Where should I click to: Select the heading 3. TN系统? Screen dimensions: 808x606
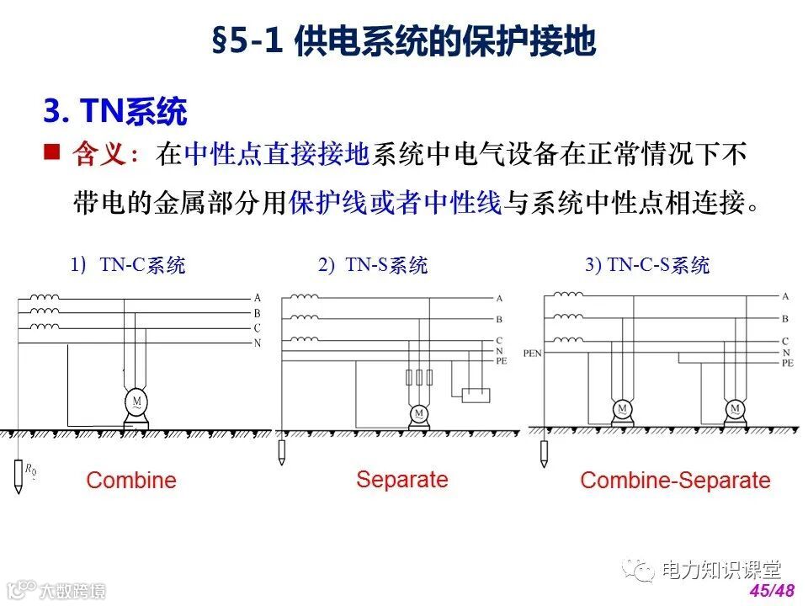[114, 111]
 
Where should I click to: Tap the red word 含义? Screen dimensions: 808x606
[99, 155]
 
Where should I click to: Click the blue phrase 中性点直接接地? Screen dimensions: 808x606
[277, 155]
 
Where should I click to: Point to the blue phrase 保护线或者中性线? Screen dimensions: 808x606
[395, 203]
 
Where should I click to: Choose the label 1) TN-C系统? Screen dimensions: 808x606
[128, 265]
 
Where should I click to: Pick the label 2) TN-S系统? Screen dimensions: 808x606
[373, 265]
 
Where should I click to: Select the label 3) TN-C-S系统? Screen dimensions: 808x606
[647, 265]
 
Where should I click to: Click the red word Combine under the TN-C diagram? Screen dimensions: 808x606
[131, 481]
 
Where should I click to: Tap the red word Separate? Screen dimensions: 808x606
[401, 480]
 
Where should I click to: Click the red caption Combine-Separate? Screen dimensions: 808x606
[675, 481]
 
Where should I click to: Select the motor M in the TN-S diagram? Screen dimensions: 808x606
[418, 413]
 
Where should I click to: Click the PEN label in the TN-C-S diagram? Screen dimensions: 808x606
[532, 353]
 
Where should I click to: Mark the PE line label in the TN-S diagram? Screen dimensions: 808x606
[502, 360]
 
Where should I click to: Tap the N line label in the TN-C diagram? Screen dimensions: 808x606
[258, 343]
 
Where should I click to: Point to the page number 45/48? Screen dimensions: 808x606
[771, 590]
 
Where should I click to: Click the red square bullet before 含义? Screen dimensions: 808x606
[51, 152]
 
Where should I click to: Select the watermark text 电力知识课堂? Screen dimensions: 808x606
[721, 571]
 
